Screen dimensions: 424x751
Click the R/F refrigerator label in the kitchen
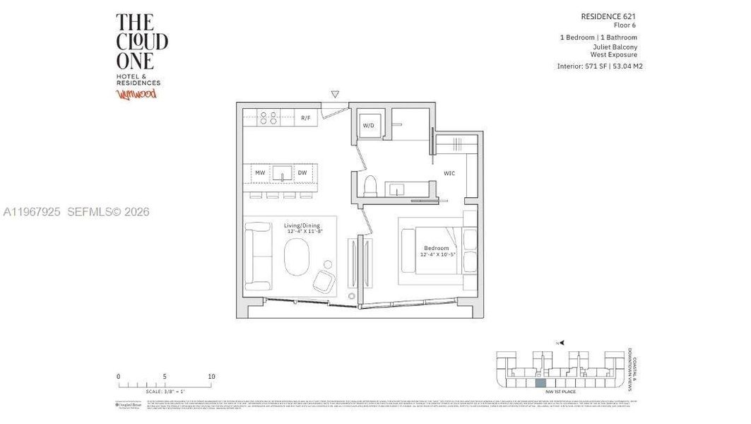(x=305, y=118)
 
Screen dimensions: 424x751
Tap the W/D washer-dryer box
(x=369, y=126)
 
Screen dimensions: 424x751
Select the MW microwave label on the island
(x=260, y=172)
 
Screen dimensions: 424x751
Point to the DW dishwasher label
(x=302, y=172)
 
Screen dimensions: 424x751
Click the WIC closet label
(x=449, y=172)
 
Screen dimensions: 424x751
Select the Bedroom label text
(x=436, y=248)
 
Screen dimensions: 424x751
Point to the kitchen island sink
(x=283, y=172)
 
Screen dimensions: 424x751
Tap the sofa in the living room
(x=258, y=257)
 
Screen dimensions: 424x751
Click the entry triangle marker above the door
(x=335, y=94)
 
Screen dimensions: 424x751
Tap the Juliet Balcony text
(x=615, y=47)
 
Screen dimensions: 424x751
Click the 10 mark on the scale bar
(x=211, y=377)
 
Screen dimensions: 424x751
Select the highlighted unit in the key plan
(x=540, y=382)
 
